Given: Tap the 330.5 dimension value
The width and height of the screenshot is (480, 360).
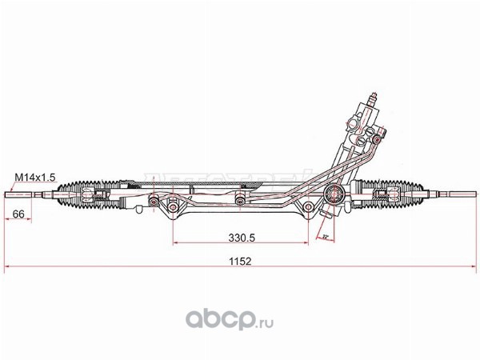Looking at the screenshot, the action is coord(240,237).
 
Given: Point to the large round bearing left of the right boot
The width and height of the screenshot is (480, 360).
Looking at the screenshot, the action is coord(334,195).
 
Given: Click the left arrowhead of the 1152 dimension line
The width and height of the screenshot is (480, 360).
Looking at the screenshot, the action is coord(8,266).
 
